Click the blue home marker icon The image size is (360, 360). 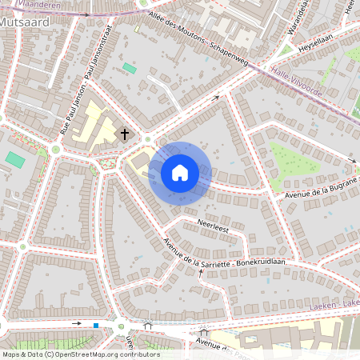pos(180,172)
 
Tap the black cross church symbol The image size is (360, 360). pos(124,134)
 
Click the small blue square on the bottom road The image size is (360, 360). pos(96,325)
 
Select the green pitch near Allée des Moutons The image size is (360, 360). pos(130,68)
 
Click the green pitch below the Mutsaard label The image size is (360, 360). pos(14,159)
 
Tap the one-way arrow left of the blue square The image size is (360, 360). pos(77,323)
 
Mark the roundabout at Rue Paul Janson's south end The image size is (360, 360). pos(56,149)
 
